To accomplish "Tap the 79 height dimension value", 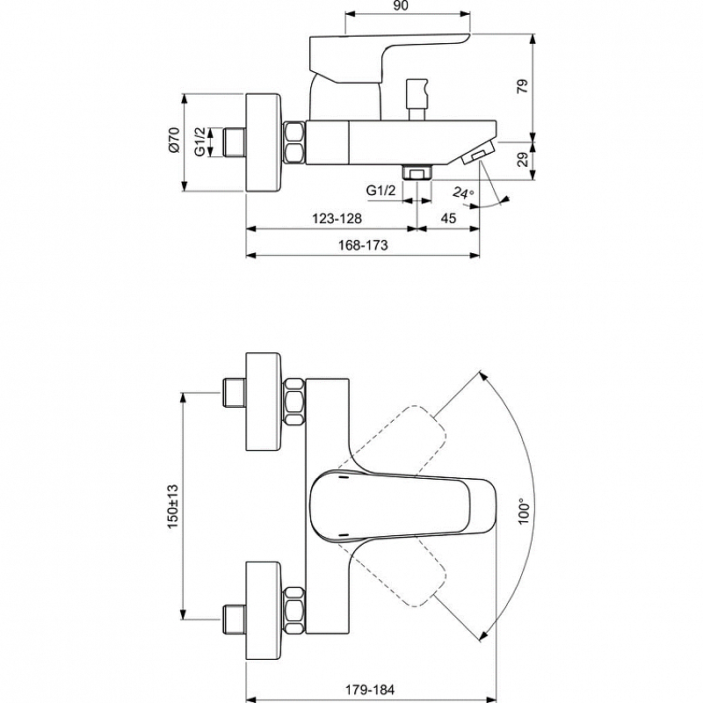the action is (x=523, y=86).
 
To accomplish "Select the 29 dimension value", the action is (x=523, y=160).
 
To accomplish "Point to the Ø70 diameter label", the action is (x=174, y=140).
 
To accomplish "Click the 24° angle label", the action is (x=463, y=193).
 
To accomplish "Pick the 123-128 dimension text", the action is (x=337, y=218).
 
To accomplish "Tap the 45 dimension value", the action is (x=448, y=218).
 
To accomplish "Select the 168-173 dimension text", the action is (x=363, y=245).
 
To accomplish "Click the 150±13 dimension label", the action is (x=173, y=507).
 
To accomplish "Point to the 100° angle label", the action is (x=523, y=511).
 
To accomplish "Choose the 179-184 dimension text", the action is (x=370, y=689).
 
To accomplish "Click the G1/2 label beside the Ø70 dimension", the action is (x=200, y=141).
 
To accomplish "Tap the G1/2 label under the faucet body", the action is (x=381, y=191).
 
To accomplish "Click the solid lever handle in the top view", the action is (x=403, y=504).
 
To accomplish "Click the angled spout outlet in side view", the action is (x=476, y=152).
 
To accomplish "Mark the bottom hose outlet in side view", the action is (x=417, y=172).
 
